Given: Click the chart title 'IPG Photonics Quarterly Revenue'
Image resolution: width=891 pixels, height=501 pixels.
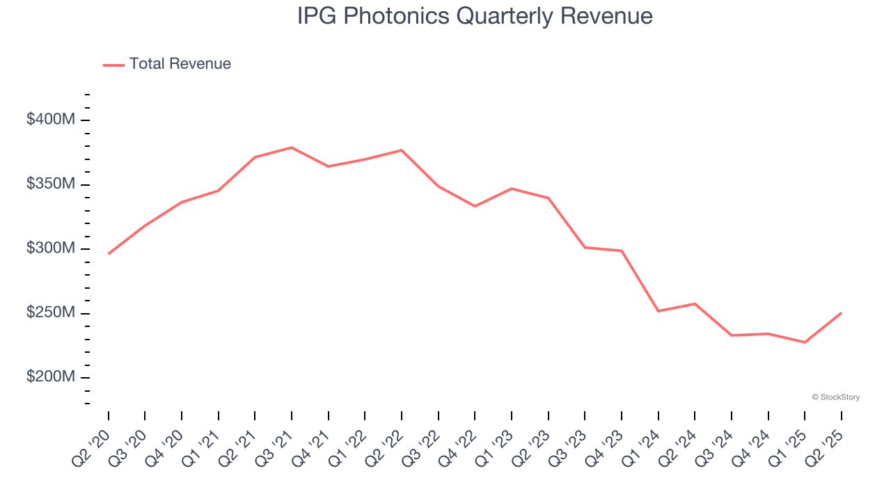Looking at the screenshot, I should pyautogui.click(x=475, y=16).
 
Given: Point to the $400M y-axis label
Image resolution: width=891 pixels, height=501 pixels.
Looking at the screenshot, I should pyautogui.click(x=51, y=120).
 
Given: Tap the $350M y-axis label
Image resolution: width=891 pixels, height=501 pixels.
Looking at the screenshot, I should pyautogui.click(x=51, y=184).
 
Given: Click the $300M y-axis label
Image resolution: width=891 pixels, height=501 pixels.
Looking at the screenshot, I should pyautogui.click(x=51, y=248).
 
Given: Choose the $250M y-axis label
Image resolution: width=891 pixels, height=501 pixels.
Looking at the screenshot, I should pyautogui.click(x=51, y=313).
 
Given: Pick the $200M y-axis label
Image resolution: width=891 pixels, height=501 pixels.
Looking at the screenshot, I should pyautogui.click(x=51, y=377).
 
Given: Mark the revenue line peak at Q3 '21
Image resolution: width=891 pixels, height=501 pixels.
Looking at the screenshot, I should pyautogui.click(x=292, y=148).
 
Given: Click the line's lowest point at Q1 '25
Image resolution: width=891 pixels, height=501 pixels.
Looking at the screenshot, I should pyautogui.click(x=805, y=342).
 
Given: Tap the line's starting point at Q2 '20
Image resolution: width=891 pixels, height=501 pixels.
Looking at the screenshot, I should pyautogui.click(x=109, y=254).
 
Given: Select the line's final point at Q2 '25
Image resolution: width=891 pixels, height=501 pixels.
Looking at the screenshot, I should pyautogui.click(x=841, y=313).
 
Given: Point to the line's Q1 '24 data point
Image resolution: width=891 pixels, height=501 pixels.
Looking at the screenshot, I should pyautogui.click(x=658, y=311).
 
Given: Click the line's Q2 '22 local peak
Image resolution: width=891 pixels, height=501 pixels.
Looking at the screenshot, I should pyautogui.click(x=402, y=150).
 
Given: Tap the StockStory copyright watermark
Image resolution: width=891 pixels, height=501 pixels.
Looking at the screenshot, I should pyautogui.click(x=835, y=397).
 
